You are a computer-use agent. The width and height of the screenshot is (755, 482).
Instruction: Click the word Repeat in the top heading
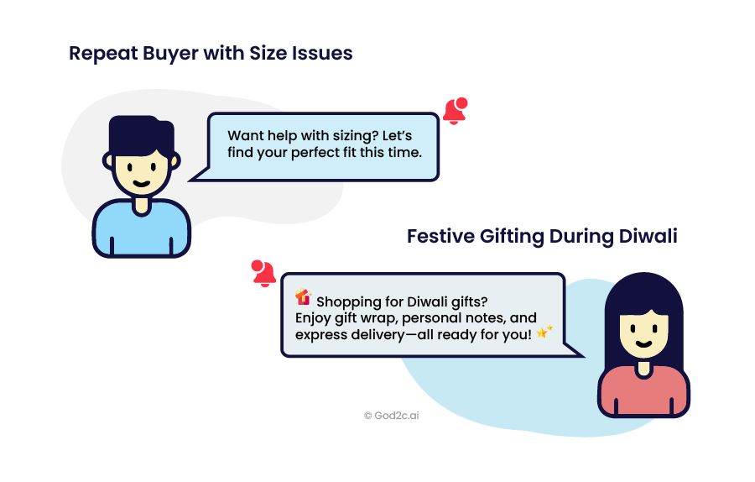103,54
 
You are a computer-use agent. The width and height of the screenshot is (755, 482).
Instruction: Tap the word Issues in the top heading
322,53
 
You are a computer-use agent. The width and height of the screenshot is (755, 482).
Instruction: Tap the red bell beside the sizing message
456,111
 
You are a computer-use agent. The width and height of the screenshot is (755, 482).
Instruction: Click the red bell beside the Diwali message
263,273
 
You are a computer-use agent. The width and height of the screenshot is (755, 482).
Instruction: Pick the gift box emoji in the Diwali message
304,297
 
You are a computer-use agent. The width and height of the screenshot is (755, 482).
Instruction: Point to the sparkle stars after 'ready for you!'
544,332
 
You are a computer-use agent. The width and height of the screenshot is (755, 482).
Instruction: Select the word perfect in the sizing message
315,154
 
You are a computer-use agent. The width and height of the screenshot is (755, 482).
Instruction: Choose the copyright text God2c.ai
392,416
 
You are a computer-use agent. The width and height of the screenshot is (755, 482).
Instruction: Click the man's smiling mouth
141,184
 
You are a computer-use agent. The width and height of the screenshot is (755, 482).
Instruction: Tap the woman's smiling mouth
643,344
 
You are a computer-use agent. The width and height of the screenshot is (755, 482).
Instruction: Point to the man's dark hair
141,135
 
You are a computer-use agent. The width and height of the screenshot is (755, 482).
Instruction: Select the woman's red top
643,393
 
